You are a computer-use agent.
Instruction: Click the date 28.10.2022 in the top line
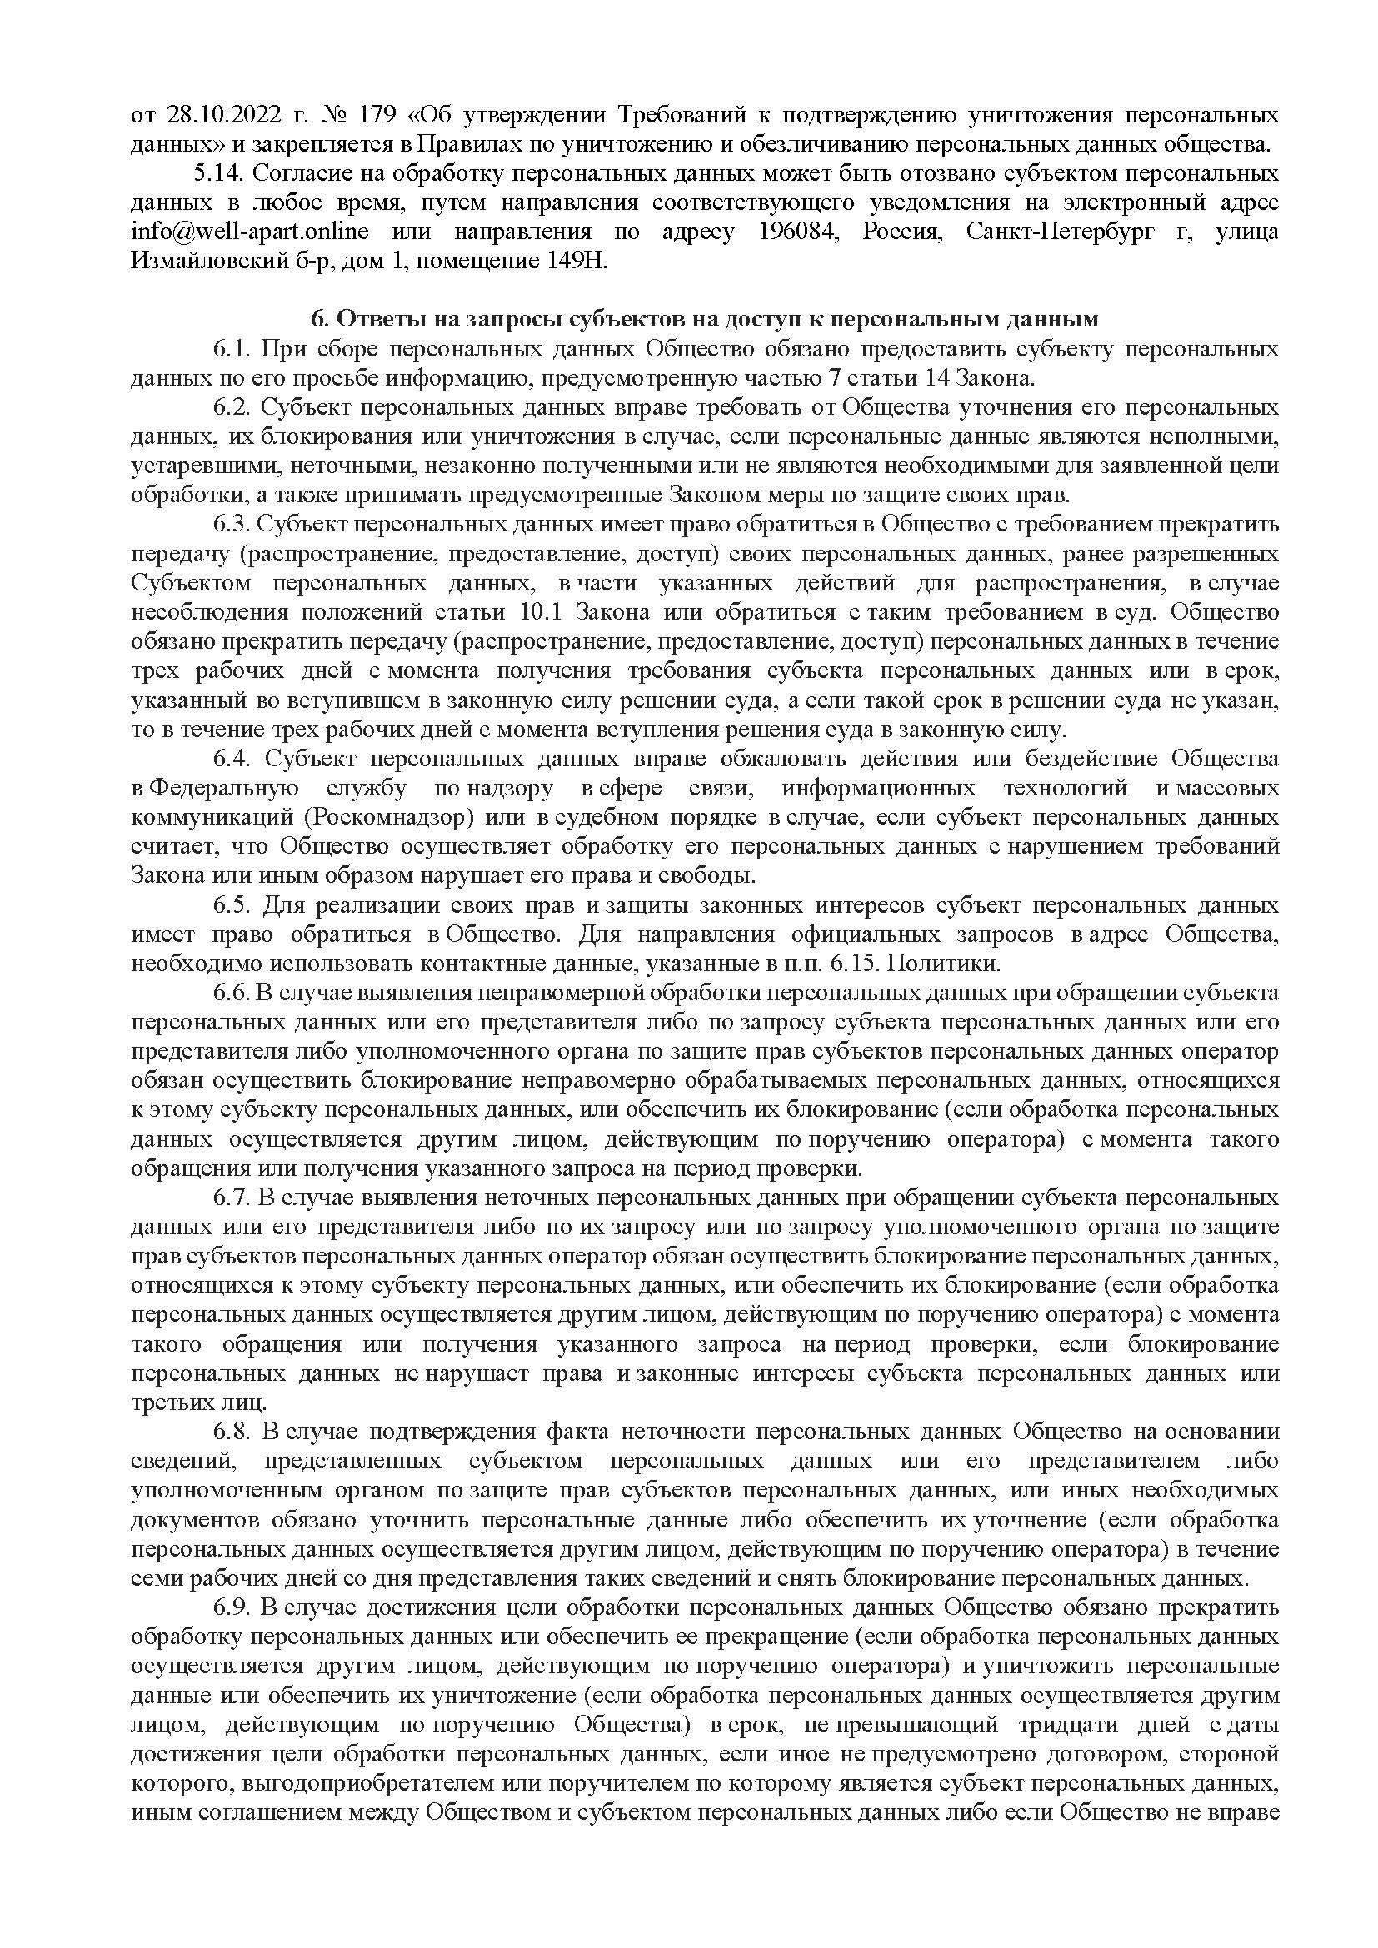(214, 116)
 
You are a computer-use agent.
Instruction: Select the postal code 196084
(791, 232)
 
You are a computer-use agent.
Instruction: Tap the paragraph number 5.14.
(219, 174)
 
